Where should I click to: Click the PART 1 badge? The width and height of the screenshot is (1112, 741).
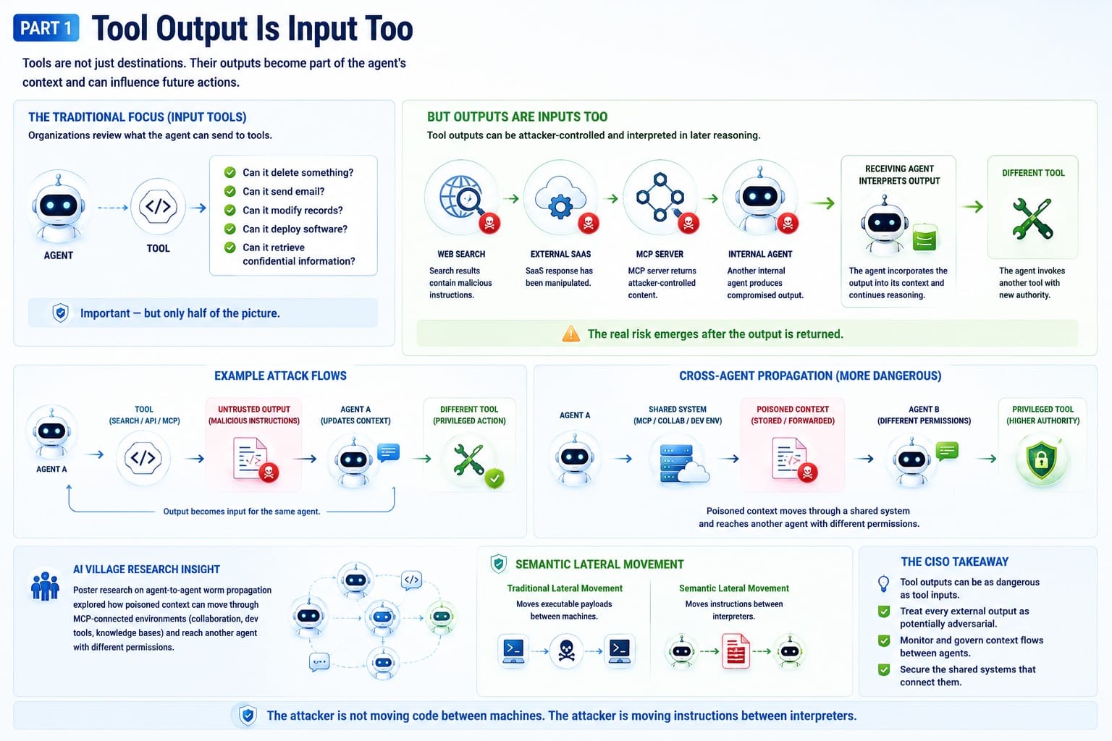[46, 27]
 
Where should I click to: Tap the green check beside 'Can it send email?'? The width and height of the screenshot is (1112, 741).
[229, 191]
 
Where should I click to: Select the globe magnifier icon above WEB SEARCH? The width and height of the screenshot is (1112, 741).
[461, 197]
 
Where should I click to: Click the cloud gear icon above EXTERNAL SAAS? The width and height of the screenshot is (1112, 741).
[560, 197]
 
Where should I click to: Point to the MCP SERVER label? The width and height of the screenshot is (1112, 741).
[660, 254]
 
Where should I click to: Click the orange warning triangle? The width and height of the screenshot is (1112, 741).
[571, 334]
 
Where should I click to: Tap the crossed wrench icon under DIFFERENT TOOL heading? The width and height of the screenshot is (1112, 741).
[1032, 219]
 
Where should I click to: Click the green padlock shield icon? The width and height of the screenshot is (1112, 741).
[1042, 460]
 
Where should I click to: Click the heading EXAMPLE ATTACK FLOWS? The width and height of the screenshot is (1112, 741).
[280, 376]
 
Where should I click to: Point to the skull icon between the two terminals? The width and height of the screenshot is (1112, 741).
[566, 650]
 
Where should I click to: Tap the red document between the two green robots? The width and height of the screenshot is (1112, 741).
[736, 651]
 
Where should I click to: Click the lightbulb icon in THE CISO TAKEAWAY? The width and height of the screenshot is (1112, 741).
[884, 584]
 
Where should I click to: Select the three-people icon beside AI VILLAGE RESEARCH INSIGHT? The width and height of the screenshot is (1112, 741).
[45, 586]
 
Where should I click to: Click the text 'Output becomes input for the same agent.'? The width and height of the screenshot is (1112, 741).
[242, 511]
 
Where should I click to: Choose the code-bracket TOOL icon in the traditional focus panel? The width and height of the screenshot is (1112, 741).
[158, 206]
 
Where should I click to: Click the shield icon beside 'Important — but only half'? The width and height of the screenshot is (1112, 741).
[61, 313]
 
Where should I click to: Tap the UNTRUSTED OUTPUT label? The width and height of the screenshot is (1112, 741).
[254, 409]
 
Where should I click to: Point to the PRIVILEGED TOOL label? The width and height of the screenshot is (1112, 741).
[1042, 409]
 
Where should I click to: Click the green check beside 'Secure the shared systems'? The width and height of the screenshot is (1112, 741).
[884, 670]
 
